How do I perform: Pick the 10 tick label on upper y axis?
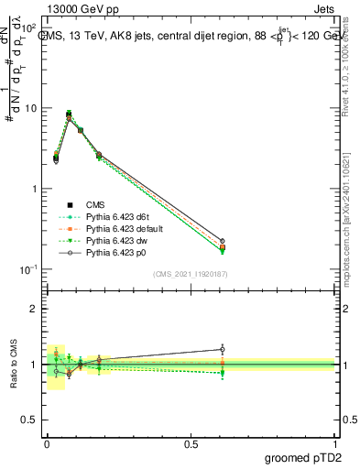pyautogui.click(x=30, y=108)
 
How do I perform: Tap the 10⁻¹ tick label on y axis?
pyautogui.click(x=27, y=269)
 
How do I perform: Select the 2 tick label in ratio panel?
pyautogui.click(x=35, y=309)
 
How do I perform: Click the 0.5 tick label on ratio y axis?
pyautogui.click(x=29, y=420)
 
